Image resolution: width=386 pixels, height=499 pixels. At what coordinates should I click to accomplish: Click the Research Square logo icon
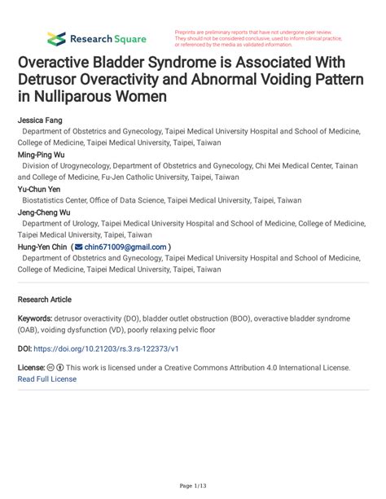click(x=56, y=37)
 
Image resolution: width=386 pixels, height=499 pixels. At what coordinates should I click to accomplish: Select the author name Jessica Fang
click(x=40, y=120)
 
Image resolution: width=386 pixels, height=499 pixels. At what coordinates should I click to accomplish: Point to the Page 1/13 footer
click(x=193, y=486)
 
